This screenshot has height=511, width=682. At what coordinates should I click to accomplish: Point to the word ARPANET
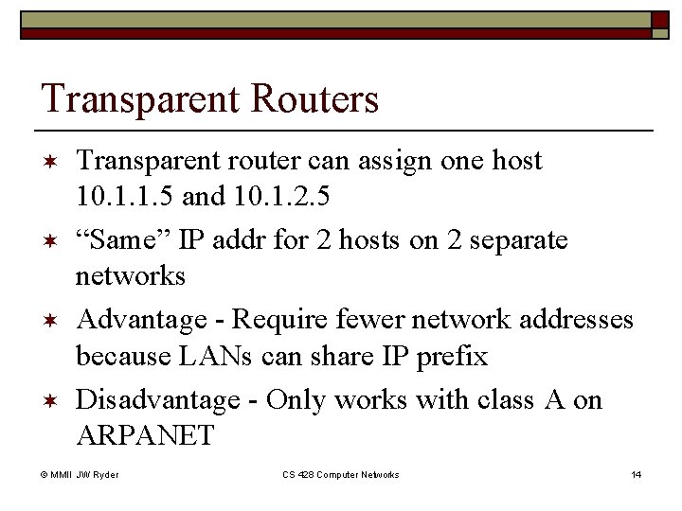click(x=145, y=437)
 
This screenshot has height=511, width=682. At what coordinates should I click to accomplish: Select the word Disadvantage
click(x=156, y=399)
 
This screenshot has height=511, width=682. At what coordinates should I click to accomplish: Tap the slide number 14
click(x=636, y=474)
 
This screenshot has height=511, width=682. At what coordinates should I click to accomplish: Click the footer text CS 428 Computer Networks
click(x=341, y=474)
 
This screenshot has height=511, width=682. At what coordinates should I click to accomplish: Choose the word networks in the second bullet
click(x=130, y=277)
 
